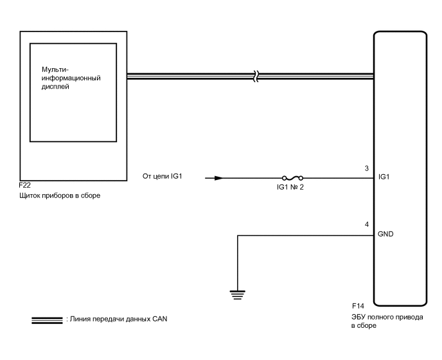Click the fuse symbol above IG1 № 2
[x=292, y=178]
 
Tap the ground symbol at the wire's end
[x=238, y=295]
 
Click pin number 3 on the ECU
[x=366, y=169]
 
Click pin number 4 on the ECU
[x=366, y=225]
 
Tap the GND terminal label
[x=387, y=235]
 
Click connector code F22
[x=26, y=184]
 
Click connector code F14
[x=357, y=305]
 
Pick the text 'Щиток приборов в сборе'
[x=60, y=195]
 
